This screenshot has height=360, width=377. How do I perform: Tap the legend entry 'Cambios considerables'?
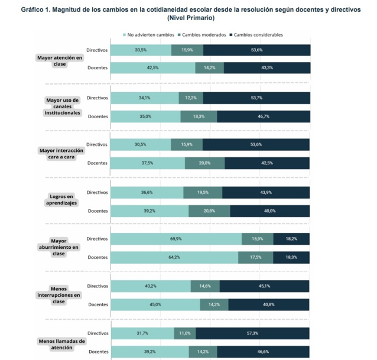click(x=258, y=35)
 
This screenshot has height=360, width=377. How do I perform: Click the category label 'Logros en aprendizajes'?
click(x=62, y=199)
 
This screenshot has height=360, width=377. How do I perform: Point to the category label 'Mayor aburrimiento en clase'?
click(x=58, y=247)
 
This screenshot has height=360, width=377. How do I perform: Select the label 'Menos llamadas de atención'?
click(x=61, y=344)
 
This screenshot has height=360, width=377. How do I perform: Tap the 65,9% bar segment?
click(x=175, y=239)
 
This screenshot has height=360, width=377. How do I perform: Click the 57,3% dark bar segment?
click(x=253, y=333)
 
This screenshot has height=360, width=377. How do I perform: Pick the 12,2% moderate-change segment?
click(x=191, y=98)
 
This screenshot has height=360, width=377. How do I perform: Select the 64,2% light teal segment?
click(x=174, y=257)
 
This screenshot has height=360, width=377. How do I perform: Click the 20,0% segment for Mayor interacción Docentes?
click(x=204, y=163)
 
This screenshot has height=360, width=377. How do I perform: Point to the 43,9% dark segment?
click(x=266, y=192)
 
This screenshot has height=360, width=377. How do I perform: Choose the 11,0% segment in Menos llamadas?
click(x=184, y=333)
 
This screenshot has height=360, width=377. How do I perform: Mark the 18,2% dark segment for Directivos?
click(x=292, y=239)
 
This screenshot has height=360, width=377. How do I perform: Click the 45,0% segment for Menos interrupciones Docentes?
click(x=155, y=304)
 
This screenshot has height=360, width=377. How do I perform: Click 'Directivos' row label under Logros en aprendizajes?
click(x=97, y=192)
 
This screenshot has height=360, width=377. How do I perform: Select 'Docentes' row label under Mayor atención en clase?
click(x=97, y=68)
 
